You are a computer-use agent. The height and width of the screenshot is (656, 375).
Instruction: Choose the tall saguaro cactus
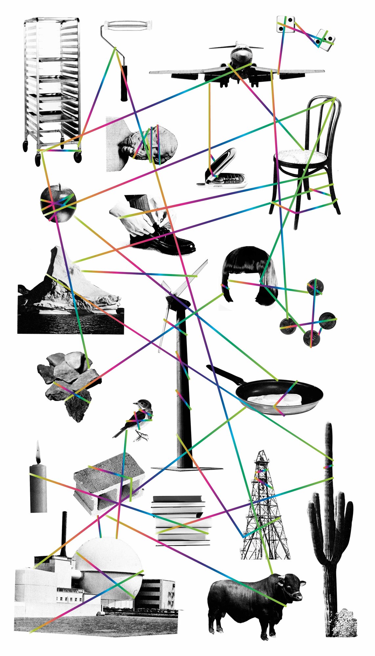[x=330, y=525]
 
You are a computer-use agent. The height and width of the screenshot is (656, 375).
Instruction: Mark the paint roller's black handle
[x=124, y=84]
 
